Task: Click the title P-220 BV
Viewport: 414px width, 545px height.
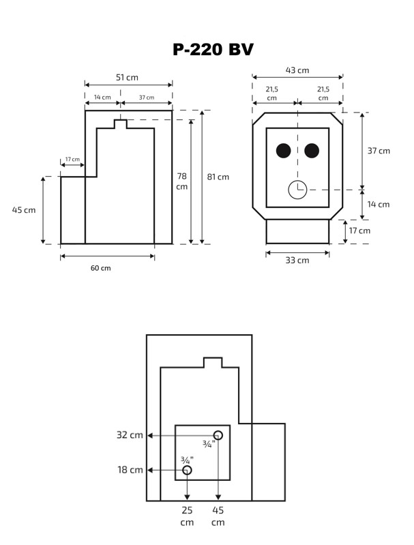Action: click(x=213, y=49)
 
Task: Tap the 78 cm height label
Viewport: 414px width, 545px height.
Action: click(x=181, y=181)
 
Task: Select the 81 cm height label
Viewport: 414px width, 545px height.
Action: click(x=218, y=177)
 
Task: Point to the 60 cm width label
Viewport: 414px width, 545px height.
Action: click(x=100, y=268)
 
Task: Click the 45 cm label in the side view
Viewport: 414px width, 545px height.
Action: click(x=24, y=210)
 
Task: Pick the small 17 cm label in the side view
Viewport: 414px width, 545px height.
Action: click(x=72, y=160)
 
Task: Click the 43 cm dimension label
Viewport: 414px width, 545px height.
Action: click(x=297, y=70)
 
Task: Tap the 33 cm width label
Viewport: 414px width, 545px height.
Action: click(x=297, y=260)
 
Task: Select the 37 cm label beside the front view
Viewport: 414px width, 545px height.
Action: click(x=379, y=151)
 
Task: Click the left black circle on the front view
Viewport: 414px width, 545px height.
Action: click(x=284, y=151)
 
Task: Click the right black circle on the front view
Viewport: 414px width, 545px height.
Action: click(x=312, y=151)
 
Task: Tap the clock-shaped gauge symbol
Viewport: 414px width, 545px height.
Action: click(x=297, y=190)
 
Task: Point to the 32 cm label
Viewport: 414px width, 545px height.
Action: click(x=130, y=435)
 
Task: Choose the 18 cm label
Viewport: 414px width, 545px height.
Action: click(x=130, y=470)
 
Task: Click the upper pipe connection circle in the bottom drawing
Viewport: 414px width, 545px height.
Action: click(x=218, y=435)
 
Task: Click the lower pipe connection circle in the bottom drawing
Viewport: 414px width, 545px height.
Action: click(x=187, y=470)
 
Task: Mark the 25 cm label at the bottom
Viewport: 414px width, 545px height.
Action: click(x=187, y=516)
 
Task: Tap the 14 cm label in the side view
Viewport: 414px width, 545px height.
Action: click(x=102, y=98)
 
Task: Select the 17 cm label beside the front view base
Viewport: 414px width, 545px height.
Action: click(x=359, y=231)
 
